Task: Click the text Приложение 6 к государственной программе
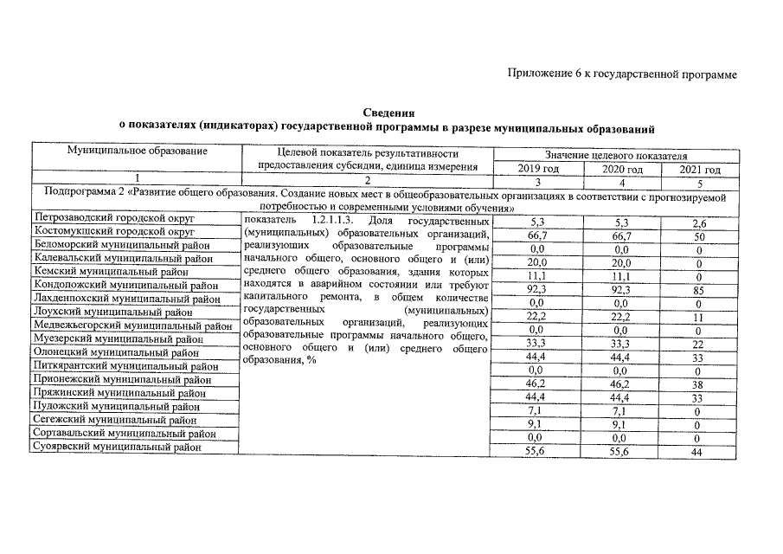621,75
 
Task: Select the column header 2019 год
537,170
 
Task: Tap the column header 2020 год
622,170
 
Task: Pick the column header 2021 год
699,170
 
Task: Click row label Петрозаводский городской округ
113,219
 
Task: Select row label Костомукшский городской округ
112,232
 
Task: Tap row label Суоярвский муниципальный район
118,448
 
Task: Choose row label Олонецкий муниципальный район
115,353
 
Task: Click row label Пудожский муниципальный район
115,407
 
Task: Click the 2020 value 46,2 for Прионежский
622,382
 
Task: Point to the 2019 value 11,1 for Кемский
537,274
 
